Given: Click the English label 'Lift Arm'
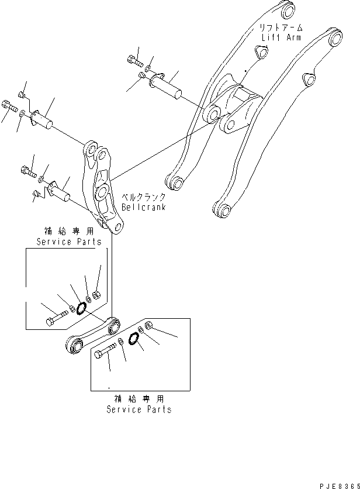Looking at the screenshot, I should (x=281, y=37).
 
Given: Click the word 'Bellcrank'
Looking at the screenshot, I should (x=144, y=207).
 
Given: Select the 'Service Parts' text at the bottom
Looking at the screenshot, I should (x=139, y=409).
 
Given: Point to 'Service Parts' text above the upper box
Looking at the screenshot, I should (x=68, y=242).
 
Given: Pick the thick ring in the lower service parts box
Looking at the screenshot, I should (x=134, y=339).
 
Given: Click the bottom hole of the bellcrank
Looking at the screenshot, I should (x=119, y=226).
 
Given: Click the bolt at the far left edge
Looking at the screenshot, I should (x=7, y=106).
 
